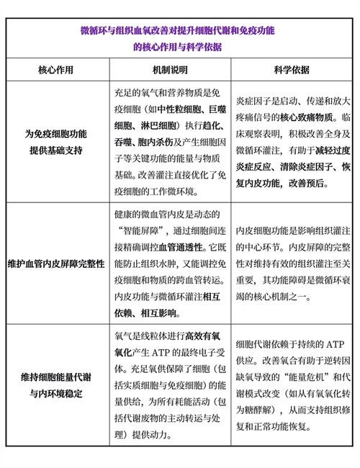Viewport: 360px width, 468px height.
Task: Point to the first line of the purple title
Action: coord(180,32)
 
